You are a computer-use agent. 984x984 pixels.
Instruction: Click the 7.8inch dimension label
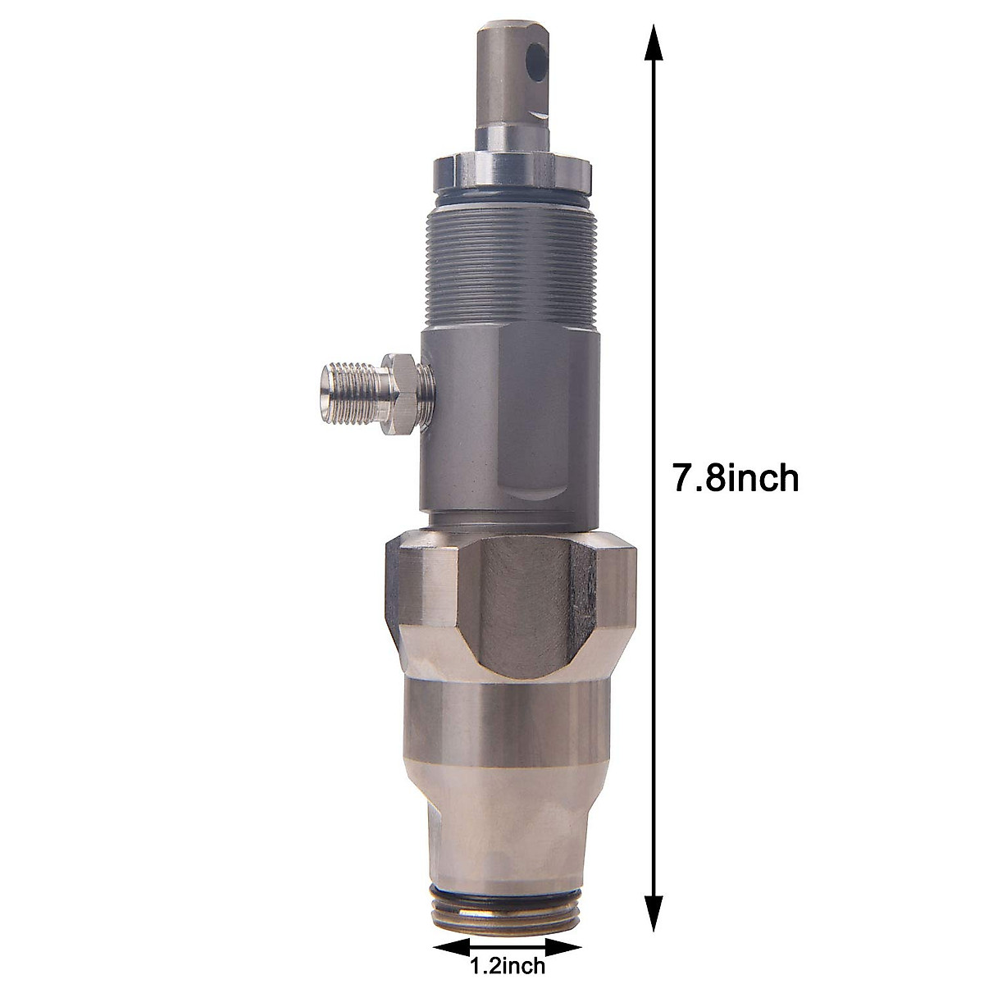click(736, 478)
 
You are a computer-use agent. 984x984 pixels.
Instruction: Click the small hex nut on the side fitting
click(399, 384)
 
